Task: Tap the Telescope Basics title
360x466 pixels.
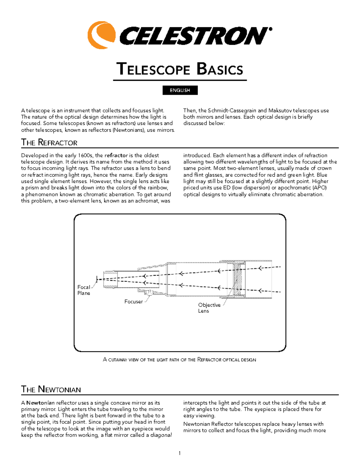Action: (180, 69)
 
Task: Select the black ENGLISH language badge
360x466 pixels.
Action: (180, 90)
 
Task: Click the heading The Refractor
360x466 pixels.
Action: (49, 143)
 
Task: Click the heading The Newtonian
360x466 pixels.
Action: (51, 389)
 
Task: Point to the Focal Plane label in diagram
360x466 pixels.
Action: (83, 290)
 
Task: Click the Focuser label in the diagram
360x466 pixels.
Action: (133, 302)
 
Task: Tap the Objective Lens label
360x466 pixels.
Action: (209, 308)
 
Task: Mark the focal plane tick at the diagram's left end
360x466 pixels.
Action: (97, 279)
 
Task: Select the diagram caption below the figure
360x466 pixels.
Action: (179, 359)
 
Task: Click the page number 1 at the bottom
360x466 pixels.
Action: (179, 453)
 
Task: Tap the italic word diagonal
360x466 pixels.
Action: (161, 435)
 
